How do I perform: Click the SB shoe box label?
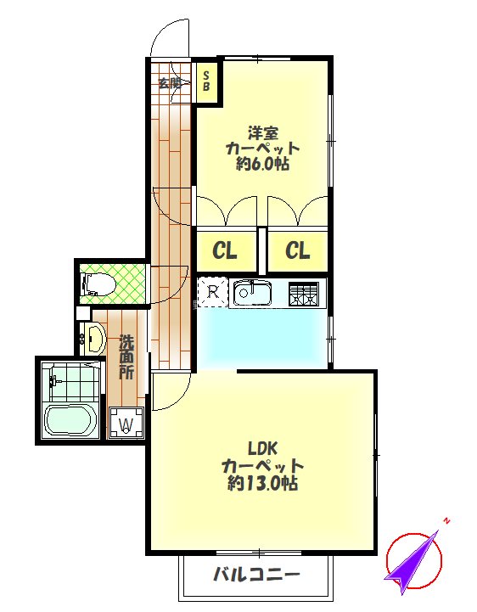(206, 81)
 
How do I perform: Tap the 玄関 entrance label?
(170, 82)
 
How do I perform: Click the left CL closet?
(225, 250)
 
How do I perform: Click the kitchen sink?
(252, 294)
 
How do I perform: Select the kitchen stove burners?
(304, 294)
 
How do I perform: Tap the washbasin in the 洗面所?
(93, 340)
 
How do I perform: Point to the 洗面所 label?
(126, 357)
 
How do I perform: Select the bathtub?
(70, 420)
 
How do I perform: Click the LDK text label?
(262, 447)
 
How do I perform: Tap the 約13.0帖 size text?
(262, 484)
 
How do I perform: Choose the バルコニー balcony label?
(255, 575)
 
